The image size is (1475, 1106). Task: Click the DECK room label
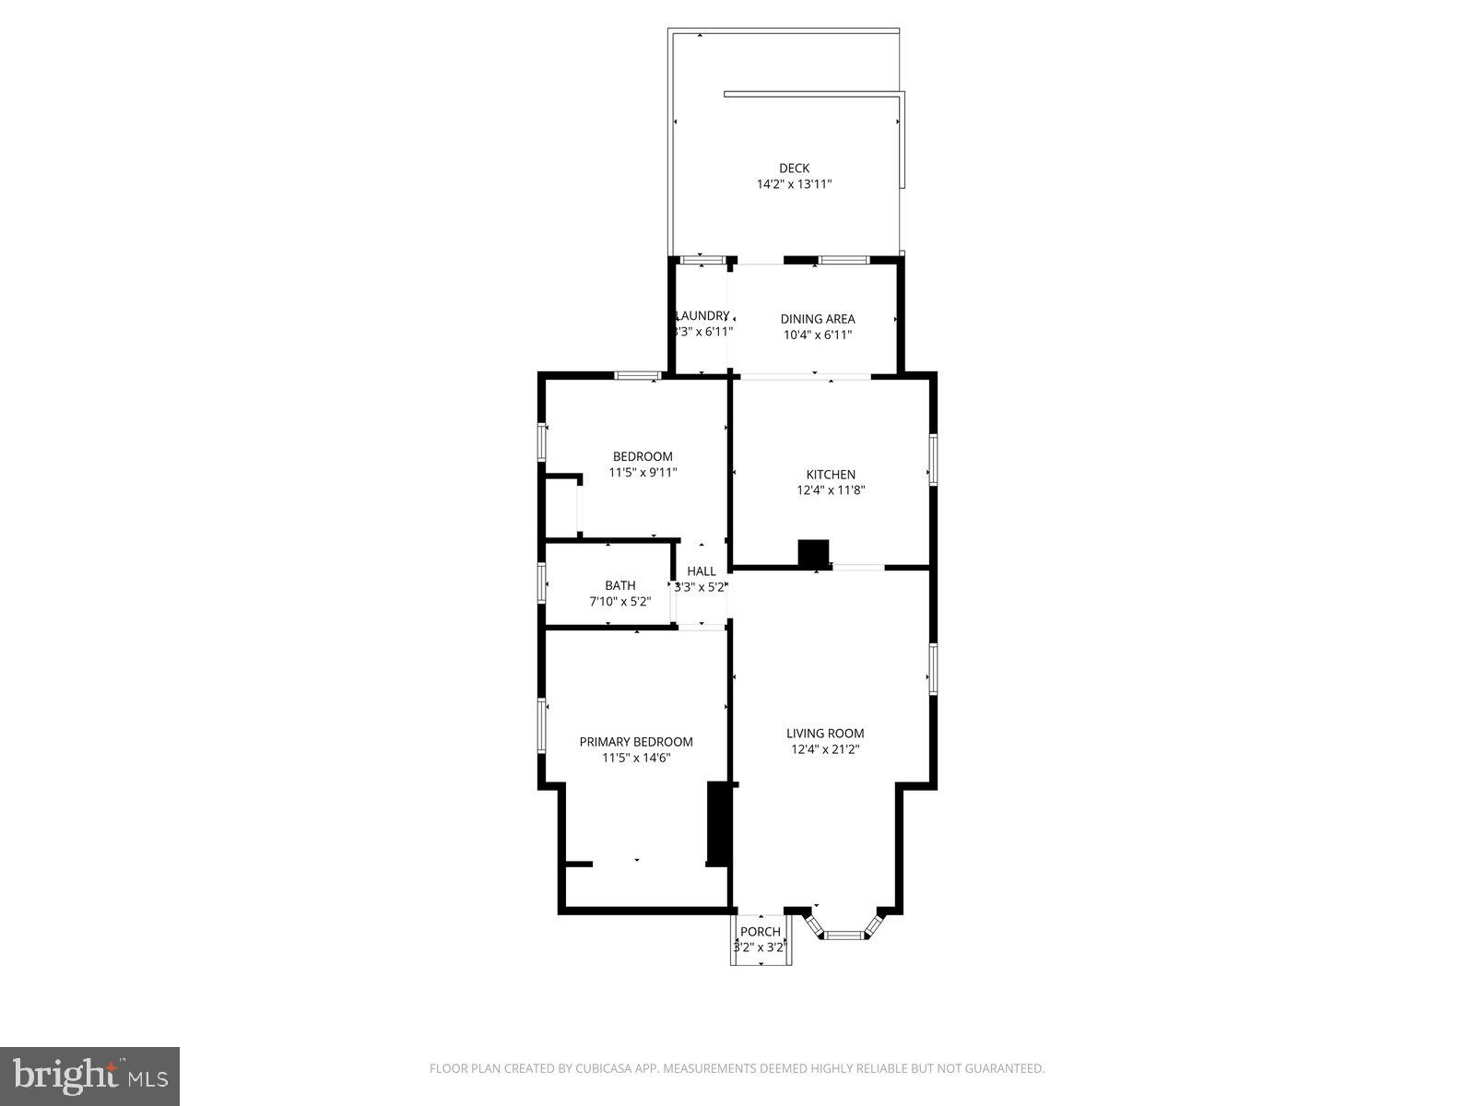coord(794,168)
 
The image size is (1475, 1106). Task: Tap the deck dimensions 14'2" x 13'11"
coord(794,184)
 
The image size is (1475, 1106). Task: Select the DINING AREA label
coord(817,319)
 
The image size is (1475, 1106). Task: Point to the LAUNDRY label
coord(702,315)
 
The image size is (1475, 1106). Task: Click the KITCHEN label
coord(831,475)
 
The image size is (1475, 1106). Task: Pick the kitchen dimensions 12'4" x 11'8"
coord(831,490)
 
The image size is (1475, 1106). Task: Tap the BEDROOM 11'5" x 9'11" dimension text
coord(643,473)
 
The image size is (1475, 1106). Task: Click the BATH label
coord(619,585)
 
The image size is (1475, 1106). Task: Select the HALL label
coord(702,571)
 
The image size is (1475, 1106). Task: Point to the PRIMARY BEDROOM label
coord(635,742)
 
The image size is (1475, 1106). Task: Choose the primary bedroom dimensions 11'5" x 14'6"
coord(635,759)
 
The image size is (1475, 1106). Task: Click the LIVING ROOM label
coord(825,734)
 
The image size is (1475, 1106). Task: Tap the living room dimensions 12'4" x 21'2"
coord(825,750)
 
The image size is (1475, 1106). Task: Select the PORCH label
coord(761,932)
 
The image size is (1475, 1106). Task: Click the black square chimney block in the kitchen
coord(813,553)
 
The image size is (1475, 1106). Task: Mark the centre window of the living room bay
coord(845,935)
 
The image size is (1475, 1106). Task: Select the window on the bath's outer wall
coord(542,582)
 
